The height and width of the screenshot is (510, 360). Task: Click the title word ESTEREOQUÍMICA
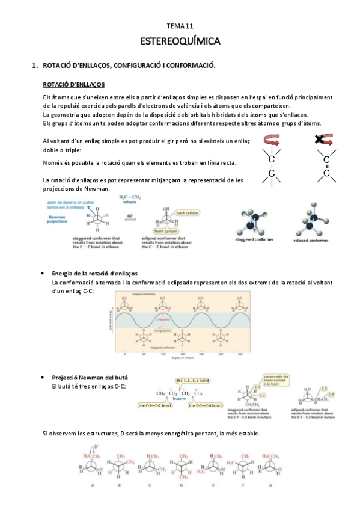pyautogui.click(x=180, y=41)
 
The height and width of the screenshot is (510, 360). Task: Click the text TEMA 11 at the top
pyautogui.click(x=180, y=26)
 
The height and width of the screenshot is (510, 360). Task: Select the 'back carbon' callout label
pyautogui.click(x=188, y=213)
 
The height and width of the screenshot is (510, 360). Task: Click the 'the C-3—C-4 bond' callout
pyautogui.click(x=207, y=405)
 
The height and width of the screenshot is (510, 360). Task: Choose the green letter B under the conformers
pyautogui.click(x=119, y=484)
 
